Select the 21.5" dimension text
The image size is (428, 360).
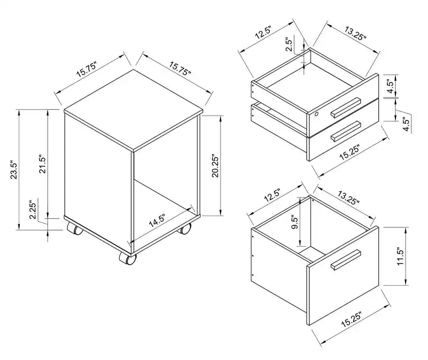42,165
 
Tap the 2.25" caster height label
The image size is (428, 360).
33,210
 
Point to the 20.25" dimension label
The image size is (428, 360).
216,167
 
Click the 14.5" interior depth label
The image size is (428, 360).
157,221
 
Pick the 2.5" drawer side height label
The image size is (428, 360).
289,44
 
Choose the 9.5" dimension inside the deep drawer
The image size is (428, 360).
295,223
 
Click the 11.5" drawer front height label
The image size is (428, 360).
400,256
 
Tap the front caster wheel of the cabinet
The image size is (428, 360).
128,258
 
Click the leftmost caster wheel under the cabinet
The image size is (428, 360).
75,229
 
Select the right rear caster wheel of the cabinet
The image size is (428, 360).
185,229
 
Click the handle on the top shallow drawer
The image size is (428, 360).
346,108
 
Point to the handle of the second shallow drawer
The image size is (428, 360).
346,132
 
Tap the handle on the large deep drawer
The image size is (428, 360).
346,259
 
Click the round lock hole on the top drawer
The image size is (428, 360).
317,114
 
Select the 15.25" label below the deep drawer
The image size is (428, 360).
351,319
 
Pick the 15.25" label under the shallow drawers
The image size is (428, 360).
350,153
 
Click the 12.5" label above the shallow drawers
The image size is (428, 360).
263,33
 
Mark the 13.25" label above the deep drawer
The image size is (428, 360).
349,197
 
